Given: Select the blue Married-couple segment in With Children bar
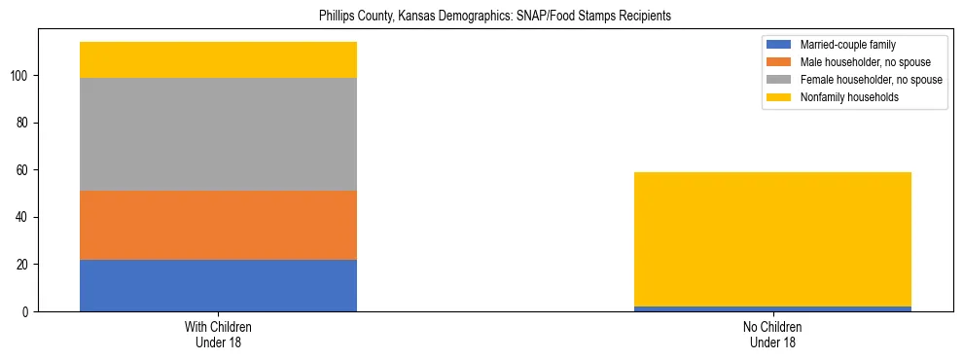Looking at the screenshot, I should point(218,285).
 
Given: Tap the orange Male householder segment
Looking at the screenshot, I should point(218,225).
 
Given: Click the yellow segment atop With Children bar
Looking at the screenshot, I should point(218,59).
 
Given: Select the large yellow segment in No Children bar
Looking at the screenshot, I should point(772,239).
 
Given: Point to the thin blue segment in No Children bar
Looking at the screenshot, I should point(772,308).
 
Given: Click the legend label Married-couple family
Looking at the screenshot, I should point(847,45).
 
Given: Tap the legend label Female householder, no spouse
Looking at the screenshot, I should point(871,80).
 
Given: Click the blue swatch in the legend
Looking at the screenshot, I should point(780,45).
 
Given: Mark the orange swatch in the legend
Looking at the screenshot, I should point(780,62).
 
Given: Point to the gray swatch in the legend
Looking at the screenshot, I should point(780,80).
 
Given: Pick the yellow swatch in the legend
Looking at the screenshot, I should point(780,97).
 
